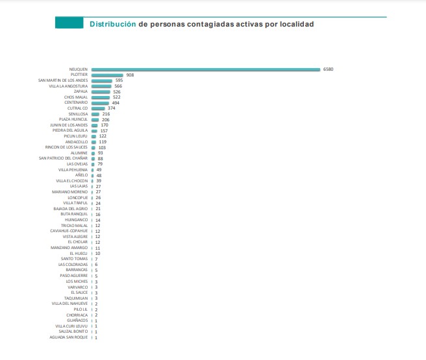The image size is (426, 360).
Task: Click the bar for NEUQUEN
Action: tap(206, 69)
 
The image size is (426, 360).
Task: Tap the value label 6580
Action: tap(329, 69)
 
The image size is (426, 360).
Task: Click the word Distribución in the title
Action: tap(112, 24)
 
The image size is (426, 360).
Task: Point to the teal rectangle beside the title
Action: tap(69, 24)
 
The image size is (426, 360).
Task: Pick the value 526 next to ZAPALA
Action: tap(117, 92)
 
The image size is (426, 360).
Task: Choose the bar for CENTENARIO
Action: tap(101, 102)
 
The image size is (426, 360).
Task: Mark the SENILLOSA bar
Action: tap(95, 114)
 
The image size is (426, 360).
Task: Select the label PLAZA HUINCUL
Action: tap(73, 120)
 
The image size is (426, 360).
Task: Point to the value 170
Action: tap(104, 125)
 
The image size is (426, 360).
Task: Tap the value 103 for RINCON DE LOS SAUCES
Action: tap(102, 147)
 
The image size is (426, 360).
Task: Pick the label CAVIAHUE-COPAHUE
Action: tap(69, 231)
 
